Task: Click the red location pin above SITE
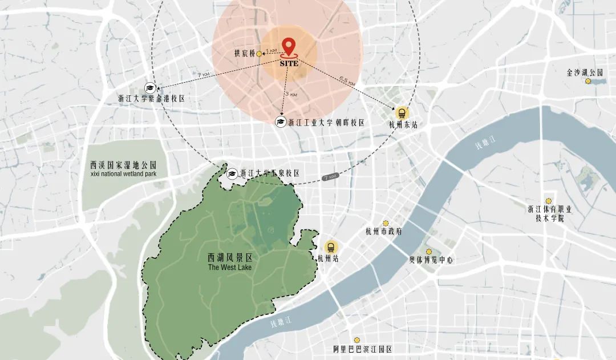[289, 46]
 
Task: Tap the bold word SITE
[289, 63]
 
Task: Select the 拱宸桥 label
[245, 54]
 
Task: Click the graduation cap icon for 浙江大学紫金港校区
[150, 87]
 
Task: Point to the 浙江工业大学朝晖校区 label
[326, 122]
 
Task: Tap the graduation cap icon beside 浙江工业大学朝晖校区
[281, 122]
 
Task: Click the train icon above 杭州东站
[402, 112]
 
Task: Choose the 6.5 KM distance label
[347, 80]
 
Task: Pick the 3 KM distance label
[291, 94]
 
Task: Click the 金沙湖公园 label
[585, 72]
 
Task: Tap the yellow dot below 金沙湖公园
[588, 82]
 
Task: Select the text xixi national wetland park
[123, 173]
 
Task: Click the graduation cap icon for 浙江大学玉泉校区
[233, 173]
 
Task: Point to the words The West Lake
[229, 267]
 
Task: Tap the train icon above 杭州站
[330, 247]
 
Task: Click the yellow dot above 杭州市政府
[386, 223]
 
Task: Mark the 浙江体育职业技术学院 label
[549, 213]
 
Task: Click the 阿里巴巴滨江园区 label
[363, 349]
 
